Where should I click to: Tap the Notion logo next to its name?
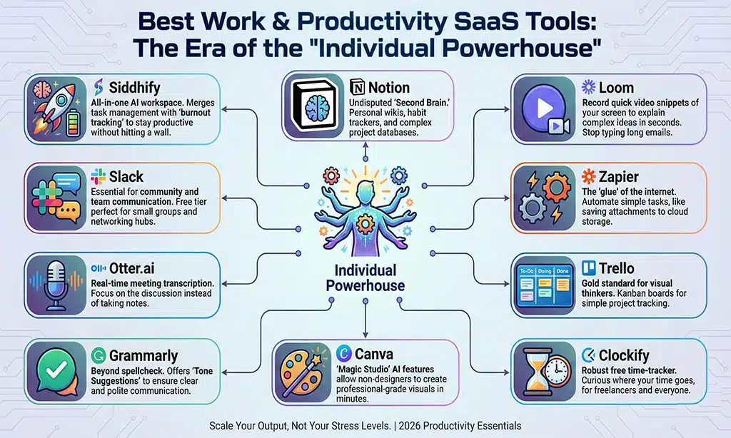(358, 88)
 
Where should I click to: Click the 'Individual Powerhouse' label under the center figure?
(365, 277)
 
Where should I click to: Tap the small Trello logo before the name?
(588, 268)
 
